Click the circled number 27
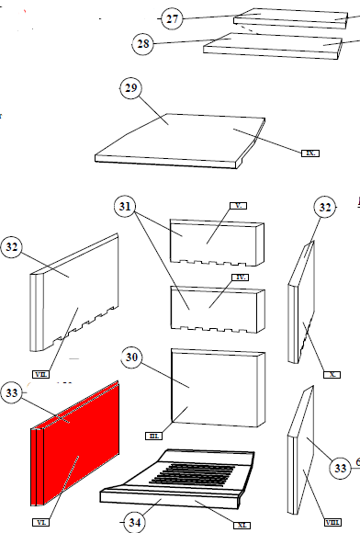click(x=172, y=18)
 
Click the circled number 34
click(x=134, y=523)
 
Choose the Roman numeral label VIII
click(x=332, y=523)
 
